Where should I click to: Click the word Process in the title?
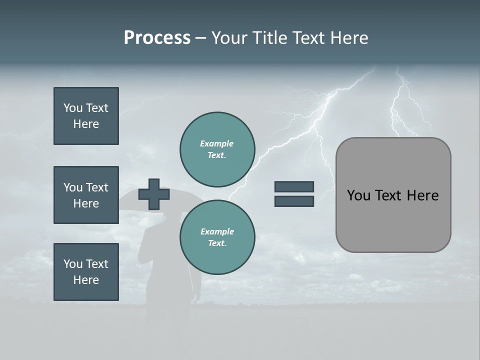[157, 38]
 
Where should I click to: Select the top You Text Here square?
[86, 116]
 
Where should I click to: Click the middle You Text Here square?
[86, 195]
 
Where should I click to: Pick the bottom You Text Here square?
[86, 272]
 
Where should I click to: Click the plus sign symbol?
[154, 194]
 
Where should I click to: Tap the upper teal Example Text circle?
[217, 149]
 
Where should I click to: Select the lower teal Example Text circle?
[217, 237]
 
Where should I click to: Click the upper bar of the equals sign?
[294, 186]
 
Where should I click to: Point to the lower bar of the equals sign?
[294, 201]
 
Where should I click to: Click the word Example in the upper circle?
[217, 143]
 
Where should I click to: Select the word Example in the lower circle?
[217, 231]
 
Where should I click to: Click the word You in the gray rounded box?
[358, 195]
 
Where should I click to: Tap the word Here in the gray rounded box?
[423, 195]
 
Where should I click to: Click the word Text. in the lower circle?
[217, 243]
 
